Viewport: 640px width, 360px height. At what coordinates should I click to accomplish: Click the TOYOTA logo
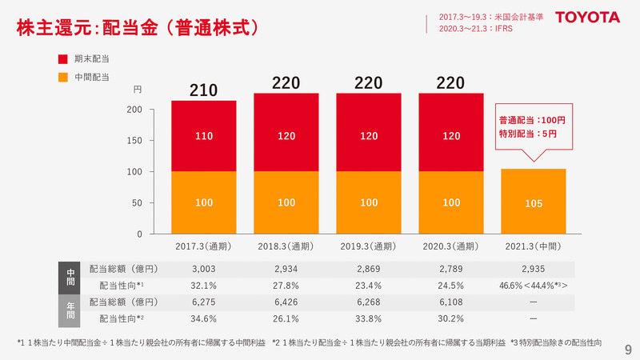588,17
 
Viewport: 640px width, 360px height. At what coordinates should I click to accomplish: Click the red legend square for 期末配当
64,59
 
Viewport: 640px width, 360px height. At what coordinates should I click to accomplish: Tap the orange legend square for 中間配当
64,77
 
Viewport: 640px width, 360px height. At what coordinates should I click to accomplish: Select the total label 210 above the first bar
203,90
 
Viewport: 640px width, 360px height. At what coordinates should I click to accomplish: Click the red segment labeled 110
203,136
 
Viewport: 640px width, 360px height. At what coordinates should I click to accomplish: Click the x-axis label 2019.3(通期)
369,246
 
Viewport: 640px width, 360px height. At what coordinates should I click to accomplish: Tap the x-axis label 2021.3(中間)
533,246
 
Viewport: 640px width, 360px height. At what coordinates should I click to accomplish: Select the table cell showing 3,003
203,270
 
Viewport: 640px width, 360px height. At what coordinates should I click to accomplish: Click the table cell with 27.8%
286,285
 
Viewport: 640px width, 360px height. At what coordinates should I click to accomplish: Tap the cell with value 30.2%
451,318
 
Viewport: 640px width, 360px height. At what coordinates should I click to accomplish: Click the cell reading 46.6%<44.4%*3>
533,286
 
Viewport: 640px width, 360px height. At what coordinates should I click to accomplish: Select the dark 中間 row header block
69,277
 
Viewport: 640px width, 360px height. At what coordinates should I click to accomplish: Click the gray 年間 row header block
69,310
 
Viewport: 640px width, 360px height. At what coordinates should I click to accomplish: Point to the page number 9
627,349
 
